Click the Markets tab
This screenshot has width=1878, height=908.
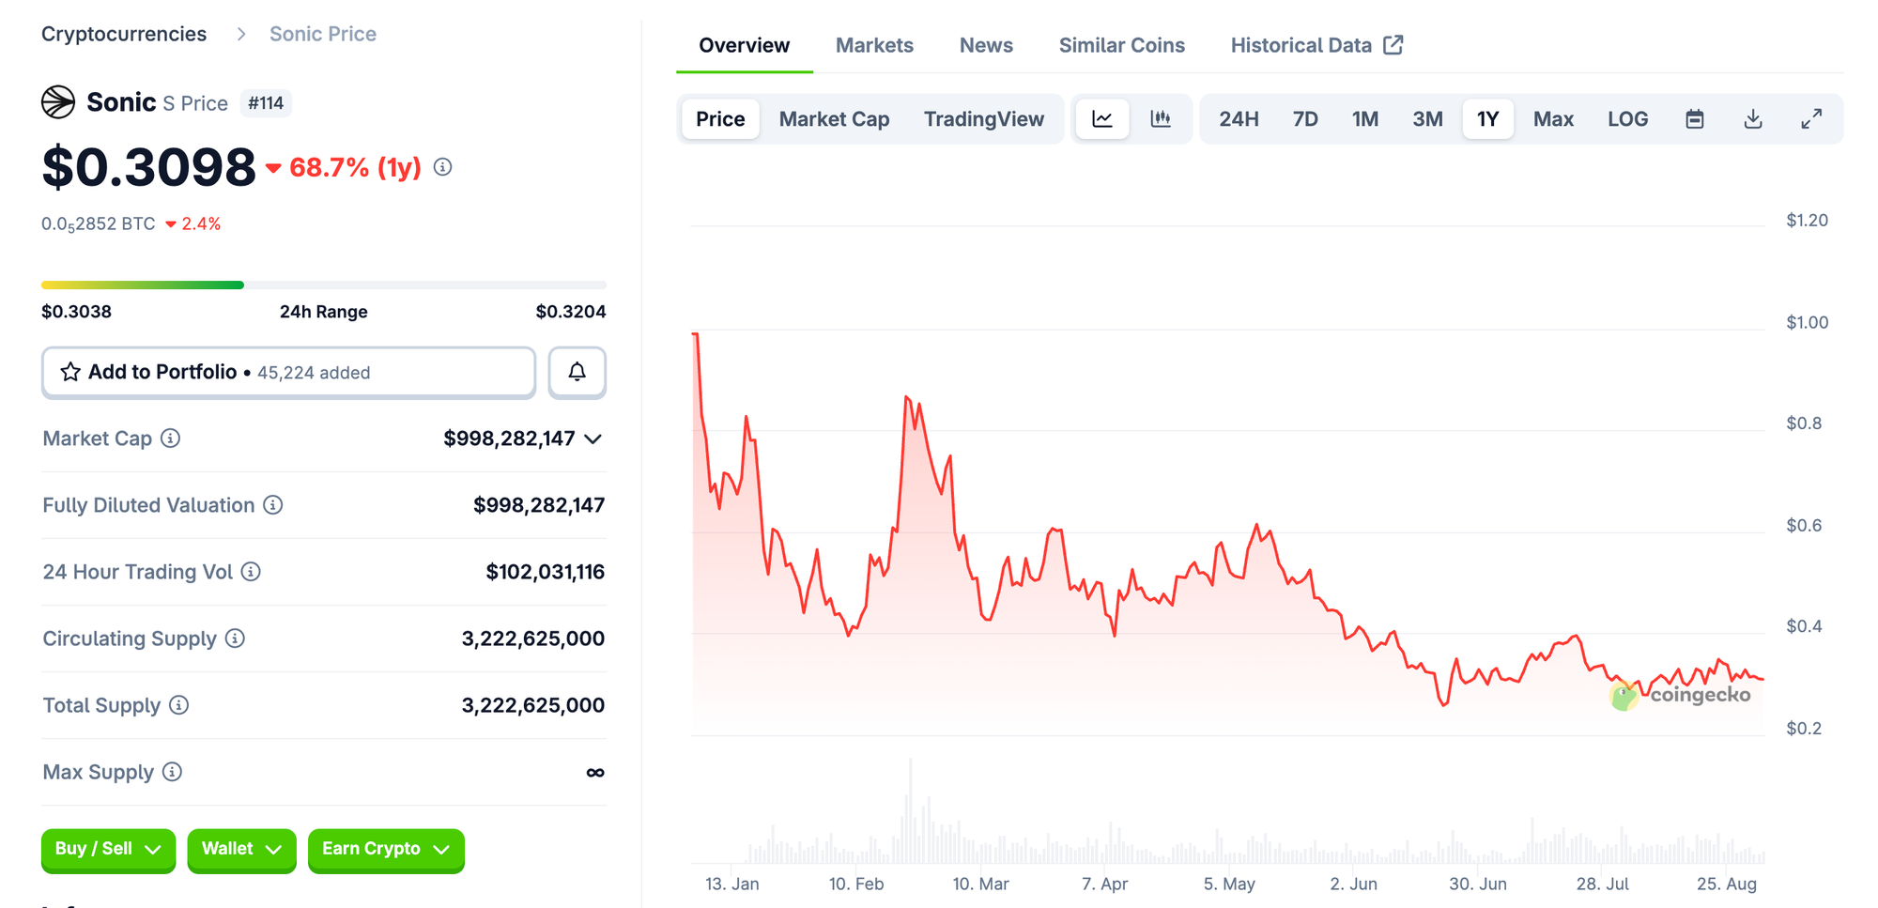tap(873, 45)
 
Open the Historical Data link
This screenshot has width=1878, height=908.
tap(1316, 45)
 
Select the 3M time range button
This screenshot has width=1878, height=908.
tap(1426, 119)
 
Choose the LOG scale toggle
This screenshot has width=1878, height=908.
tap(1626, 119)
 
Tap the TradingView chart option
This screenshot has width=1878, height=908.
tap(983, 119)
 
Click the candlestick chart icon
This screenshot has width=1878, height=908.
tap(1161, 119)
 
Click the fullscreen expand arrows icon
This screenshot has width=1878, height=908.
tap(1810, 119)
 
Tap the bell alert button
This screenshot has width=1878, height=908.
tap(577, 372)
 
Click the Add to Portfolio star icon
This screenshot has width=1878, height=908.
tap(70, 372)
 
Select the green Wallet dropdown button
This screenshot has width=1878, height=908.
tap(241, 849)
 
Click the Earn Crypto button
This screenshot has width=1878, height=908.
tap(385, 849)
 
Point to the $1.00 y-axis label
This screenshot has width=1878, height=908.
tap(1806, 322)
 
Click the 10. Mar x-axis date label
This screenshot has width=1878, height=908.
tap(980, 884)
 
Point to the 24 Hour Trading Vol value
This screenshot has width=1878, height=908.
tap(545, 572)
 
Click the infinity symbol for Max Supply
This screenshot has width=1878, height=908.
tap(594, 772)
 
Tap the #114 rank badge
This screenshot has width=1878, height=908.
tap(266, 103)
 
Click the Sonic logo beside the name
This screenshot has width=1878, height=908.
tap(58, 101)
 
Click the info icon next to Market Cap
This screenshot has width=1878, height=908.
tap(170, 439)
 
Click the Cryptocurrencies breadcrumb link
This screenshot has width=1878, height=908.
tap(124, 34)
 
